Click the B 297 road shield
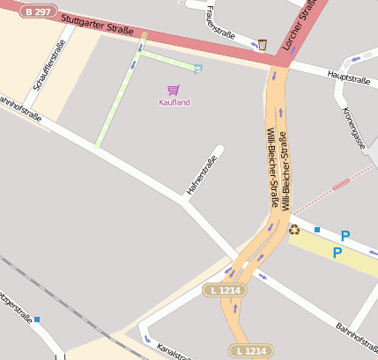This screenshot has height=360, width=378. [36, 11]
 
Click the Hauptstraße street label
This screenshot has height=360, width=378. [348, 78]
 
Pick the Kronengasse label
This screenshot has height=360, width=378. [358, 128]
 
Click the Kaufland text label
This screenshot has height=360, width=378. [174, 103]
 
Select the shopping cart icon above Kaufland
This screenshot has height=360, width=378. [174, 90]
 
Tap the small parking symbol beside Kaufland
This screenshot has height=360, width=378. [197, 70]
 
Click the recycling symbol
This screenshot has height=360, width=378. [294, 230]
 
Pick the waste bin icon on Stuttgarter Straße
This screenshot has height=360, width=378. [262, 44]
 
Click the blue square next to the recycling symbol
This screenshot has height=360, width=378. [317, 230]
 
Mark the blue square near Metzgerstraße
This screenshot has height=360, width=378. [37, 320]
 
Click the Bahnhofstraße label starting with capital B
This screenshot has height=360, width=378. [356, 340]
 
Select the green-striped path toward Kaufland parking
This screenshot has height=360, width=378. [119, 97]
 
